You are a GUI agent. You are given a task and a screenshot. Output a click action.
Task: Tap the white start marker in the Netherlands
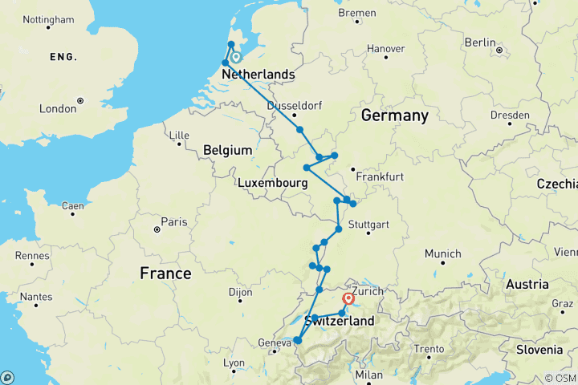pyautogui.click(x=236, y=57)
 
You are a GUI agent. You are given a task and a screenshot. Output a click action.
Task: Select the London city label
pyautogui.click(x=57, y=108)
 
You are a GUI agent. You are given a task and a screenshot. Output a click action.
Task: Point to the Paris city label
pyautogui.click(x=174, y=221)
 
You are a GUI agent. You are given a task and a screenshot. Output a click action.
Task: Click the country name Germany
pyautogui.click(x=394, y=115)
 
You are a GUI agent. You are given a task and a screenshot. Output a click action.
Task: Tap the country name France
pyautogui.click(x=165, y=274)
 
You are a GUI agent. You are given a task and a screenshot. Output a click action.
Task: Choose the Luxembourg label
pyautogui.click(x=272, y=184)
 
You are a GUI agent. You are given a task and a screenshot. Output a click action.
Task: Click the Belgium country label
pyautogui.click(x=229, y=150)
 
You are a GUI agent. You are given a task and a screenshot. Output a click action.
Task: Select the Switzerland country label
pyautogui.click(x=340, y=321)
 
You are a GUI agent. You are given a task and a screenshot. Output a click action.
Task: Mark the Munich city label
pyautogui.click(x=443, y=253)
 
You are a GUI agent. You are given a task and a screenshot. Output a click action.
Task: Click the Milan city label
pyautogui.click(x=368, y=375)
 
